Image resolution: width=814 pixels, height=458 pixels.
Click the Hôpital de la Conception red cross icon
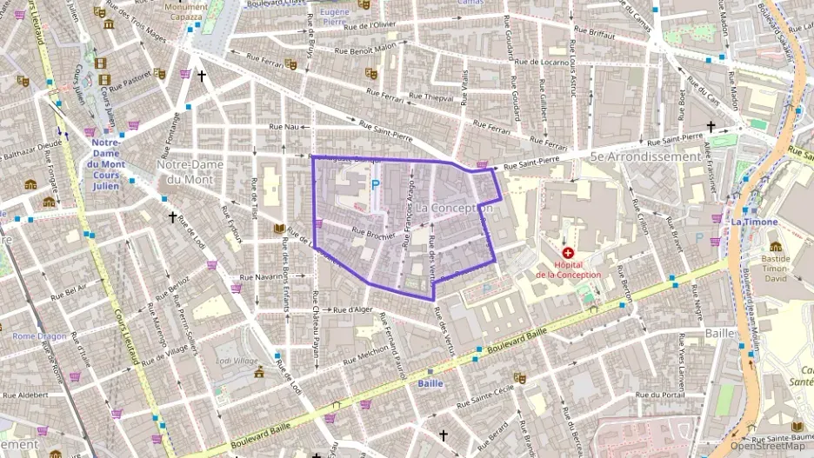tap(568, 252)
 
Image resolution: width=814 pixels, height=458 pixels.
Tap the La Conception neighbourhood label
tap(454, 209)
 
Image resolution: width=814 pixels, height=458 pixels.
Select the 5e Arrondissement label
tap(644, 156)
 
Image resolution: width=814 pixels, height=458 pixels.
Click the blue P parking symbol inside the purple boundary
tap(376, 184)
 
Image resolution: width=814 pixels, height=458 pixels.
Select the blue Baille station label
tap(430, 383)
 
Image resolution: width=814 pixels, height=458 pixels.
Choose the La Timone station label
tap(748, 222)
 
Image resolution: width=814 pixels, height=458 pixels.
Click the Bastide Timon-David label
tap(776, 265)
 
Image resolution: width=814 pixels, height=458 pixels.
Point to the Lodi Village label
tap(236, 361)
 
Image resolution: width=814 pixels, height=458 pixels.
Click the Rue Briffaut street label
tap(592, 37)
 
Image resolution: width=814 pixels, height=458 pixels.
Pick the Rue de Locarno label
tap(541, 62)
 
